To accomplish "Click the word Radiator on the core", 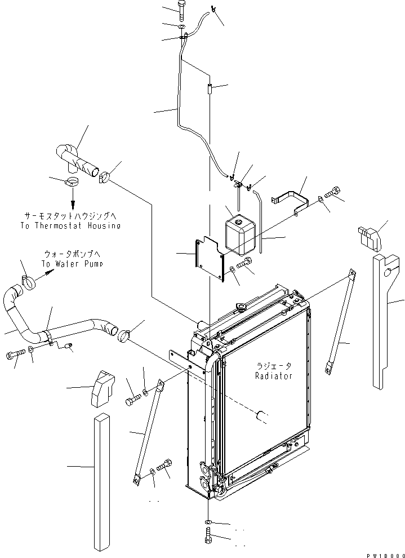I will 273,376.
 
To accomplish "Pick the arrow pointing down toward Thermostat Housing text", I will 72,200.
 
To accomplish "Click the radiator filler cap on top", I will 242,307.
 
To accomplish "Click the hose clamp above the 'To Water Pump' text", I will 29,278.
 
